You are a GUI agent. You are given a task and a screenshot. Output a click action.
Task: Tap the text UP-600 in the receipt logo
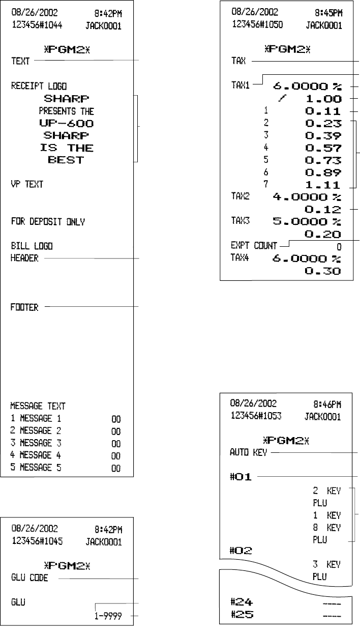(67, 123)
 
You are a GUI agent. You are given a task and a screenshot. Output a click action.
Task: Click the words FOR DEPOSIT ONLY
(48, 222)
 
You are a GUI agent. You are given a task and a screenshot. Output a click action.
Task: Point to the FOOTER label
(24, 307)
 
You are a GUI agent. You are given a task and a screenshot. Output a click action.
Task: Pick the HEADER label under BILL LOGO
(24, 258)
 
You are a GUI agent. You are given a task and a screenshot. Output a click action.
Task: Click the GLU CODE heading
(30, 579)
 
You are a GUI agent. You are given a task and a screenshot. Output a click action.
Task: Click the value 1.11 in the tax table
(321, 185)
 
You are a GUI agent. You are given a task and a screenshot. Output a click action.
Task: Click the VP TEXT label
(27, 185)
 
